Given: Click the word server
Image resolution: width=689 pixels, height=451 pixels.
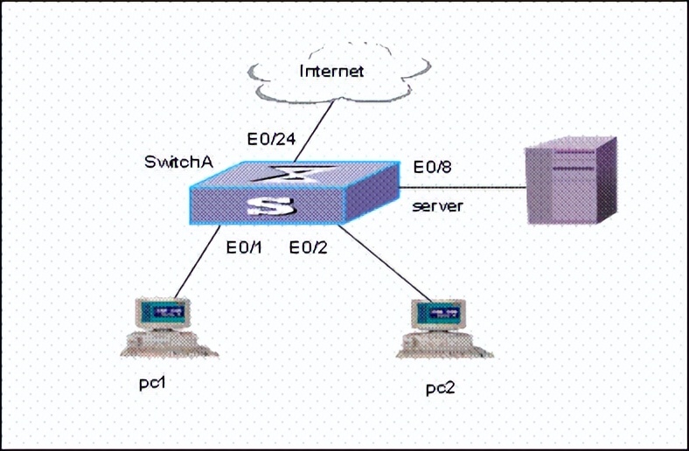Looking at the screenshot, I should pyautogui.click(x=437, y=206).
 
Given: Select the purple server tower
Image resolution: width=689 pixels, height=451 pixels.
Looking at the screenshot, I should pyautogui.click(x=569, y=184).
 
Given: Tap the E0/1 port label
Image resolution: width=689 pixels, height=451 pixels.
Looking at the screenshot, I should pyautogui.click(x=244, y=247).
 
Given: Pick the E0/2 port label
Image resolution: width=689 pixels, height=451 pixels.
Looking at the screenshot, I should pyautogui.click(x=309, y=247).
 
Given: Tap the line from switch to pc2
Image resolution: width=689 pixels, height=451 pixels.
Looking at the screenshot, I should pyautogui.click(x=385, y=262).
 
